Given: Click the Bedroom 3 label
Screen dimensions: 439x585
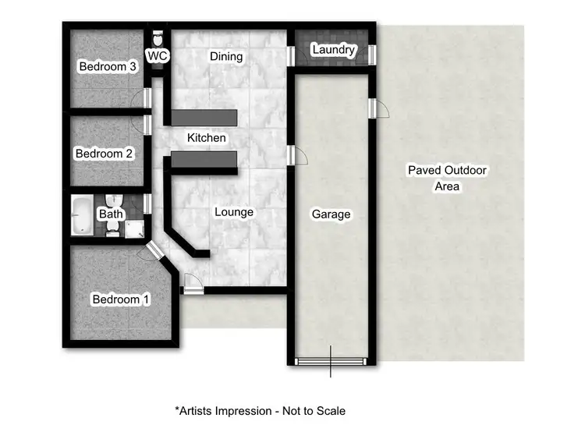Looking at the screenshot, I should point(108,67).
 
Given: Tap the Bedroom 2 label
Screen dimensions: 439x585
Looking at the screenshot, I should point(104,154).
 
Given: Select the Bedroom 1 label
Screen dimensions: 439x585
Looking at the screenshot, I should point(121,299).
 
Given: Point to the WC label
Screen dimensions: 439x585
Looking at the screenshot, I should point(158,56).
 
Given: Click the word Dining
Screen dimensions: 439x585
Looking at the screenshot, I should point(227,56).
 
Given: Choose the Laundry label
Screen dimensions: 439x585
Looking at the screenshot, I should point(333,51).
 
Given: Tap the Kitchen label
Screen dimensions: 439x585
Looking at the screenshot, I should point(207,138).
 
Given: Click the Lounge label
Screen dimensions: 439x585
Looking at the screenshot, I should point(234,212).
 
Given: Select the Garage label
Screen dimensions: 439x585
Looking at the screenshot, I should point(331,214).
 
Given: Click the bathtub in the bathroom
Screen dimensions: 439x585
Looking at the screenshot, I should point(82,215).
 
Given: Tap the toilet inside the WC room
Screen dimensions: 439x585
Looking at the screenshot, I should point(158,38).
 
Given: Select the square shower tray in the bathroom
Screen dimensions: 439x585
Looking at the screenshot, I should point(135,227).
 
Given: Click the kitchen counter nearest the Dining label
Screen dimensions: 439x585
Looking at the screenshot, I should point(204,117).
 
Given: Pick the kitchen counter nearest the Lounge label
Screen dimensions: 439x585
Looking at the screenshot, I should point(204,160).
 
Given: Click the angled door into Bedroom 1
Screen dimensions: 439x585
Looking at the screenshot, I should point(152,251).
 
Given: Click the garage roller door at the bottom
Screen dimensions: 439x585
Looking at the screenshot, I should point(331,361).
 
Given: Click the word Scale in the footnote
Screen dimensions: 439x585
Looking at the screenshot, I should point(328,410).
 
